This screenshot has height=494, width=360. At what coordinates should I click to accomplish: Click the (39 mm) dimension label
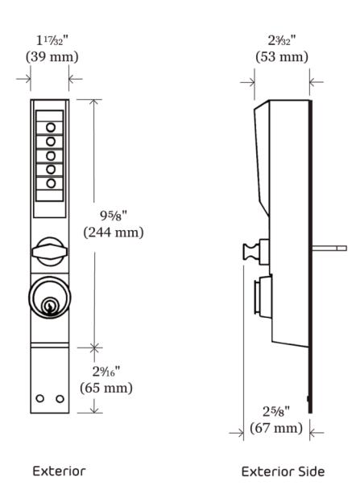[x=52, y=57]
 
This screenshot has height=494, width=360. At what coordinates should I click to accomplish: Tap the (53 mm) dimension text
[x=282, y=57]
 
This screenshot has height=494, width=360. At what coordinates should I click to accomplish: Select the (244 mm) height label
[x=114, y=233]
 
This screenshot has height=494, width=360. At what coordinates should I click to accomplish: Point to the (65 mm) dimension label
[x=106, y=388]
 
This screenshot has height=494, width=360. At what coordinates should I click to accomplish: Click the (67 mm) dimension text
[x=276, y=428]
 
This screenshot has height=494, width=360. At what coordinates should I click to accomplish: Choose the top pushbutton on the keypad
[x=51, y=128]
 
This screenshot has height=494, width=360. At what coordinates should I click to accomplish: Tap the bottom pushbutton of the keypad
[x=51, y=183]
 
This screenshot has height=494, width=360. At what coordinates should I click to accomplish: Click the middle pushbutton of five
[x=51, y=155]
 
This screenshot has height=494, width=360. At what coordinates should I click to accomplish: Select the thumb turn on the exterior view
[x=50, y=251]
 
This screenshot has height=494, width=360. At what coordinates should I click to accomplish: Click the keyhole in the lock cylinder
[x=49, y=307]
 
